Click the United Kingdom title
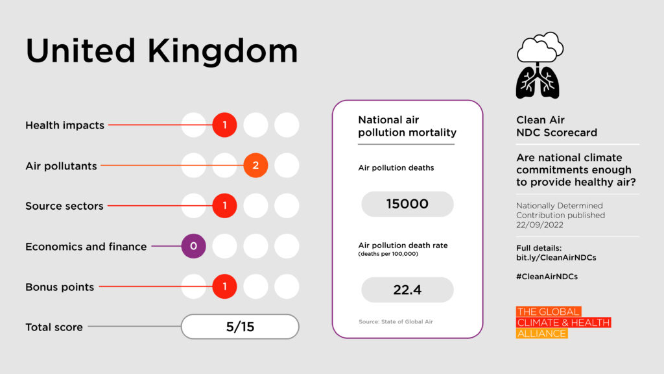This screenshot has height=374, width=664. tap(161, 51)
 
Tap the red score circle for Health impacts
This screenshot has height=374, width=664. tap(224, 125)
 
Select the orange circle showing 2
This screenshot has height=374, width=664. tap(255, 166)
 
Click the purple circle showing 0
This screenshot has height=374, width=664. tap(193, 246)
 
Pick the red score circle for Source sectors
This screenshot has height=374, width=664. tap(224, 206)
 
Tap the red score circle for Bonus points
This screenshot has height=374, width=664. tap(224, 286)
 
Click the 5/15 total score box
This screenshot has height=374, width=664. tap(240, 327)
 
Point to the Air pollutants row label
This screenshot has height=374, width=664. tap(61, 166)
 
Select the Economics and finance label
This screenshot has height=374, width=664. tap(86, 247)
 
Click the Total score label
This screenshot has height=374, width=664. tap(54, 327)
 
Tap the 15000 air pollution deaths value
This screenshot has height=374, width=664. tap(407, 204)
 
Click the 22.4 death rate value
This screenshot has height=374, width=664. tap(407, 290)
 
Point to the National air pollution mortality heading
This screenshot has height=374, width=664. tap(407, 126)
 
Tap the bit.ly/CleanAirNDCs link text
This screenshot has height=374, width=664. tap(556, 257)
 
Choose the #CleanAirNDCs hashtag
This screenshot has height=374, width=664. tap(547, 276)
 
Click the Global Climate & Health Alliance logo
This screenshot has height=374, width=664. tap(563, 323)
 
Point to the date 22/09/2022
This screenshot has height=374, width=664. tap(539, 225)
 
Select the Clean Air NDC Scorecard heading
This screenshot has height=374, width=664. tap(556, 126)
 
